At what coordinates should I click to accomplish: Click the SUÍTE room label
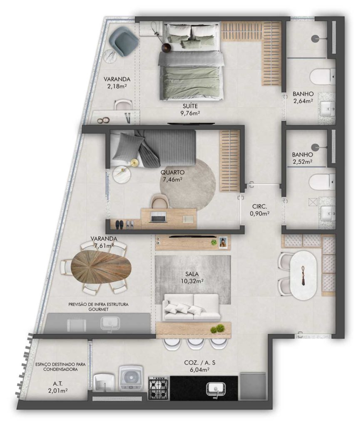pos(190,106)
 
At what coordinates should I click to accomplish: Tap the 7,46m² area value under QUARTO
pos(172,179)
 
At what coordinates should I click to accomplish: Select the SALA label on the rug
pos(192,275)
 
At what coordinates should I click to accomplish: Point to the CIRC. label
pos(259,206)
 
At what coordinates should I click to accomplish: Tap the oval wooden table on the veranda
pos(101,267)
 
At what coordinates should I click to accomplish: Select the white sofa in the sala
pos(192,307)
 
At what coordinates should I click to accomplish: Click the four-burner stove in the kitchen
pos(159,388)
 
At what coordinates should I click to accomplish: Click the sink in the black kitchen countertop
pos(216,388)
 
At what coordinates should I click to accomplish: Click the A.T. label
pos(57,384)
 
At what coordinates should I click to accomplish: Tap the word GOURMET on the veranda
pos(98,309)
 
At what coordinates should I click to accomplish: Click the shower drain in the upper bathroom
pos(315,39)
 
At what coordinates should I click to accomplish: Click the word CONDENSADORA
pos(60,369)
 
